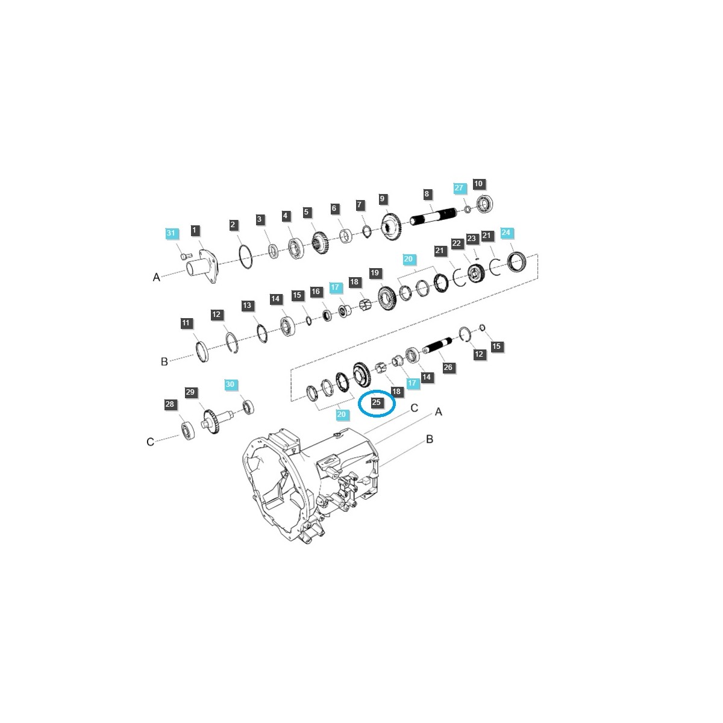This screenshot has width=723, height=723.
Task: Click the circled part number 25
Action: pos(376,402)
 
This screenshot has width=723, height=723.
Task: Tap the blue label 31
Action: pos(171,233)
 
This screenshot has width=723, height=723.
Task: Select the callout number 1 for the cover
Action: pos(195,230)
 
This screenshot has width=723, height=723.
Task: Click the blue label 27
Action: pos(459,188)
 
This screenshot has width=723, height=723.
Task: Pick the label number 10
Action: pos(478,184)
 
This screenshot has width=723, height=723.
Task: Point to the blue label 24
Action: pos(505,233)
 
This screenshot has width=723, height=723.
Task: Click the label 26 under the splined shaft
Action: pos(448,367)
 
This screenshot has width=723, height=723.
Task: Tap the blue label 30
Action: pos(230,384)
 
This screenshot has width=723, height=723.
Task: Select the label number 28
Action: pos(169,404)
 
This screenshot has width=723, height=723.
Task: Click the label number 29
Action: pos(190,392)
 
